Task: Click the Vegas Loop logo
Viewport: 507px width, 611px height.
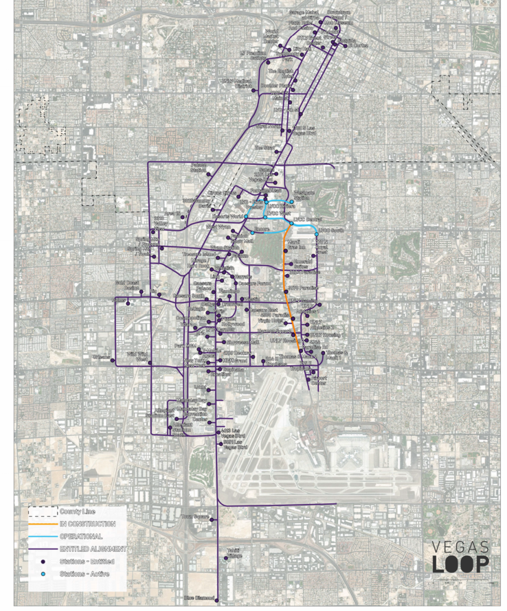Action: pos(461,557)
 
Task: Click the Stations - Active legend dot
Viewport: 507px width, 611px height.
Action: pos(43,573)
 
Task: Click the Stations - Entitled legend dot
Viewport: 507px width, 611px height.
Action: pos(43,561)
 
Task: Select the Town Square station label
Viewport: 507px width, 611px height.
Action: pos(194,516)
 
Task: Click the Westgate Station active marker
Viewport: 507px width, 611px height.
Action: pos(292,202)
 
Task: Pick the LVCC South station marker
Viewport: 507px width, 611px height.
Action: pos(316,235)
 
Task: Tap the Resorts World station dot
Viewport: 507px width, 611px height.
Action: pos(246,217)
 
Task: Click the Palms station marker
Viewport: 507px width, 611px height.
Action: pos(128,300)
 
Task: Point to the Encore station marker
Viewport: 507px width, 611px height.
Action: pos(253,233)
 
